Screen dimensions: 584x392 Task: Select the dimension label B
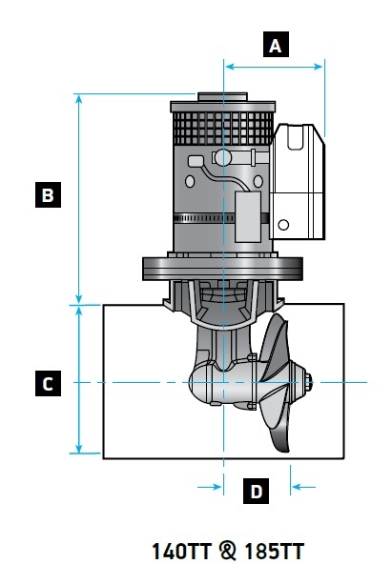pos(47,196)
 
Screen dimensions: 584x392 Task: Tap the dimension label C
pos(47,384)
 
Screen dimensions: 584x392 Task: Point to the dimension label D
pos(256,492)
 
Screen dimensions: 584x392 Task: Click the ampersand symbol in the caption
pos(227,552)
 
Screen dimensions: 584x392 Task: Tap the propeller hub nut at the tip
pos(309,383)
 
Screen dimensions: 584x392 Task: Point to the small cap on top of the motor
pos(222,96)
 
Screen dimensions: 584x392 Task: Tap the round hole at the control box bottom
pos(283,226)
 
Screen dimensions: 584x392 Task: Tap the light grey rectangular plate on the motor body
pos(250,214)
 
